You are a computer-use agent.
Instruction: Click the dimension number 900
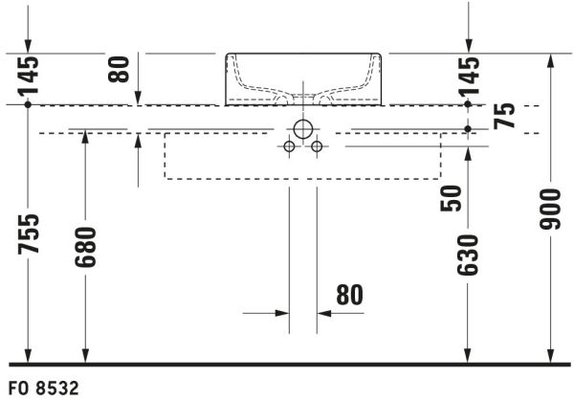(550, 210)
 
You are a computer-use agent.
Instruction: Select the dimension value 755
(29, 234)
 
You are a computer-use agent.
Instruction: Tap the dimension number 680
(85, 247)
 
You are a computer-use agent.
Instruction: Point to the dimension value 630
(468, 256)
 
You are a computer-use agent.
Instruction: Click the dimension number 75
(504, 116)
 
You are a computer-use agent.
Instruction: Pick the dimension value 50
(451, 198)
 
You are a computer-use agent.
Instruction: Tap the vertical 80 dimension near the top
(119, 69)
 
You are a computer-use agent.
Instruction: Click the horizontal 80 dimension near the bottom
(349, 295)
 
